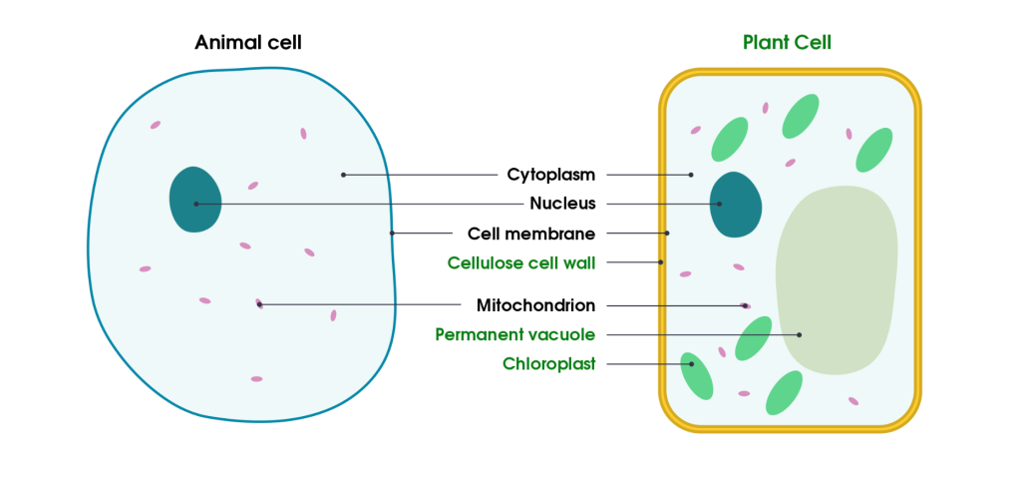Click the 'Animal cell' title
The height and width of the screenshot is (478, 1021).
[248, 43]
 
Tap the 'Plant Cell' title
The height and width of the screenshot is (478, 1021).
[787, 43]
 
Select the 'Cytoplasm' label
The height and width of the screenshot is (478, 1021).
[550, 175]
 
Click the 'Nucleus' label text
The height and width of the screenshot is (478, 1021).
[562, 204]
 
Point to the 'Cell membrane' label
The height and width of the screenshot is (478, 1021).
[530, 234]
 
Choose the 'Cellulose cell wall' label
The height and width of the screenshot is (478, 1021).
[520, 262]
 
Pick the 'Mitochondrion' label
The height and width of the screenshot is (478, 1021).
[535, 305]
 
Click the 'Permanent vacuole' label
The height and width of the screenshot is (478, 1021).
[514, 334]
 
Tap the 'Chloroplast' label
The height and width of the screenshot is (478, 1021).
[548, 364]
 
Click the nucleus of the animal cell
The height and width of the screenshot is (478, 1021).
[194, 200]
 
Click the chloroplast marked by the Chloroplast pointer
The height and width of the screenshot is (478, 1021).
[696, 376]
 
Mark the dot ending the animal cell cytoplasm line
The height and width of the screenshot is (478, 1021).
[343, 175]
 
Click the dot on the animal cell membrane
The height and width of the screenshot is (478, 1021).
[392, 234]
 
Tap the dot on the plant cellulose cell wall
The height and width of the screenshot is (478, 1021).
[661, 262]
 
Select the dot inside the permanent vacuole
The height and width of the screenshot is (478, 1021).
[800, 334]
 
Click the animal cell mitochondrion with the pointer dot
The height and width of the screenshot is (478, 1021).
[259, 303]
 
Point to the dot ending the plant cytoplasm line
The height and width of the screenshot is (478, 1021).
[691, 175]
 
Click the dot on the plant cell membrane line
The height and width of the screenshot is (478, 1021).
[667, 234]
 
